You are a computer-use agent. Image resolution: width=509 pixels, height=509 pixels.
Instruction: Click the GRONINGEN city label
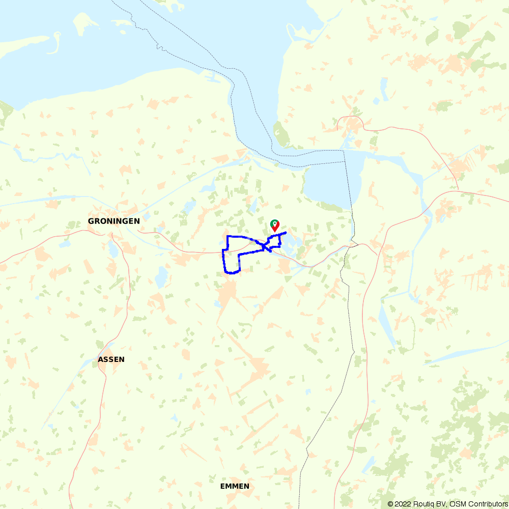tap(114, 221)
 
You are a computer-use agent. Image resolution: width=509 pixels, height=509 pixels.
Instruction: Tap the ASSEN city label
tap(111, 359)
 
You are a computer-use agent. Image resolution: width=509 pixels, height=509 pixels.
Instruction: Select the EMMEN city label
tap(235, 486)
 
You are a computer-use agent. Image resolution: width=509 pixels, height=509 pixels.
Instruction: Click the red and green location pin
tap(274, 225)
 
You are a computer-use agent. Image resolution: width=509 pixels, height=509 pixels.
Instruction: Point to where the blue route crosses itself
tap(265, 247)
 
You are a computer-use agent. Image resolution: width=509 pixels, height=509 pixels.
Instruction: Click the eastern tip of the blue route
tap(286, 232)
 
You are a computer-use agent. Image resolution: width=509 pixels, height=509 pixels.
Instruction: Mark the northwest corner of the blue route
tap(228, 237)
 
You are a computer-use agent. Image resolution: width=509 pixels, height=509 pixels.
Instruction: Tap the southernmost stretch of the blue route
tap(232, 273)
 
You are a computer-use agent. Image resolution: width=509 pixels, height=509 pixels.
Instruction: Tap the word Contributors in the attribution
tap(487, 504)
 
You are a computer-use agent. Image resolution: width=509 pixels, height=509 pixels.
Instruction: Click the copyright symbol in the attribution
tap(390, 504)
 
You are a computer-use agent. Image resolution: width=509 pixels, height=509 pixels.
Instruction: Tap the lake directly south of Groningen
tap(112, 249)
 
